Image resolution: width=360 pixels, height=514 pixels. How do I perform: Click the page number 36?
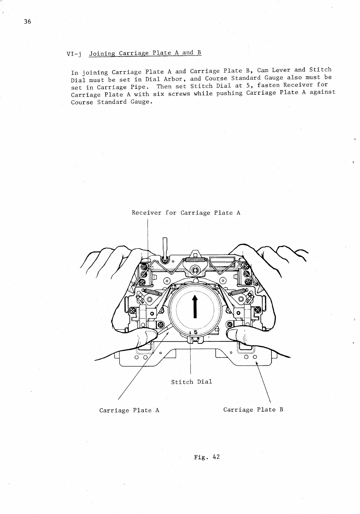pyautogui.click(x=27, y=22)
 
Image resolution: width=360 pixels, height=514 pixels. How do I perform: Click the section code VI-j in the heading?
pyautogui.click(x=74, y=55)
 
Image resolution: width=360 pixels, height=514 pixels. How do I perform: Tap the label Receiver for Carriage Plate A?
pyautogui.click(x=186, y=213)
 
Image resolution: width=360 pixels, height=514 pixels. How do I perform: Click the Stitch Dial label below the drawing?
pyautogui.click(x=192, y=382)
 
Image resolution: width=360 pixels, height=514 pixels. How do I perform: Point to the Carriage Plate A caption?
pyautogui.click(x=129, y=410)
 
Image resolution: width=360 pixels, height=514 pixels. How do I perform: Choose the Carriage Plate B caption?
pyautogui.click(x=253, y=409)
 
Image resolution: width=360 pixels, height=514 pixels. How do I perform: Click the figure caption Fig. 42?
pyautogui.click(x=207, y=457)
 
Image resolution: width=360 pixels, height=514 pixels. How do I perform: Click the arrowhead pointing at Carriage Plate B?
pyautogui.click(x=257, y=363)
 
